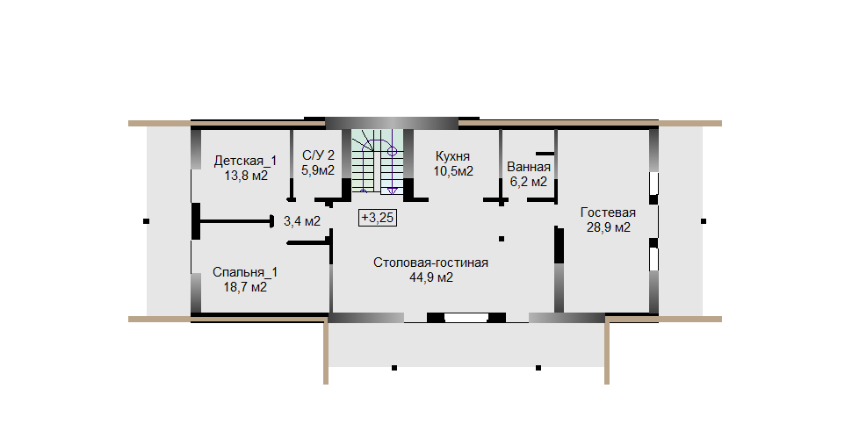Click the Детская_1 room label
tap(245, 161)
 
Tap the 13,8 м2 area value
tap(246, 176)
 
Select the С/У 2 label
tap(319, 155)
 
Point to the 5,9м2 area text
tap(319, 170)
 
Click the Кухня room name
tap(452, 157)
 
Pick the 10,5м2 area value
tap(453, 172)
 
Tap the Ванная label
tap(529, 167)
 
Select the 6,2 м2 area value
tap(528, 182)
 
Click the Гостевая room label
tap(608, 212)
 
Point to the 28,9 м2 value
tap(609, 227)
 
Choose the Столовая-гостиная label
tap(431, 263)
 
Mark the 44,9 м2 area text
tap(431, 277)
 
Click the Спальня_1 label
tap(244, 271)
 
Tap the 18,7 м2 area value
tap(245, 287)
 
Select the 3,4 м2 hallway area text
tap(302, 221)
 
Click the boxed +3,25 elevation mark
tap(378, 218)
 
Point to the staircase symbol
tap(376, 161)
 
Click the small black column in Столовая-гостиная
tap(502, 239)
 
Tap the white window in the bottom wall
tap(466, 318)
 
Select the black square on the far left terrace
tap(146, 221)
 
